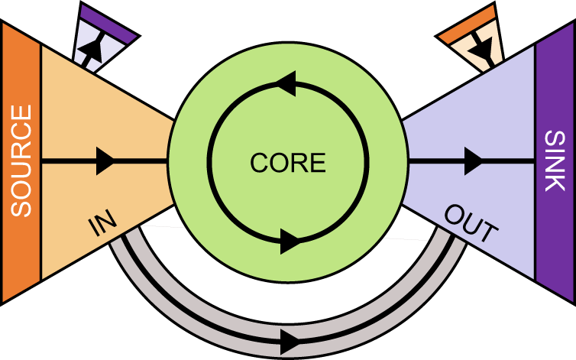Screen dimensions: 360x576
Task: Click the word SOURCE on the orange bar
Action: pyautogui.click(x=22, y=161)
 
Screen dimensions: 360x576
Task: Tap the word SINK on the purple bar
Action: pyautogui.click(x=555, y=161)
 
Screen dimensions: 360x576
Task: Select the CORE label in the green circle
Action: pyautogui.click(x=288, y=162)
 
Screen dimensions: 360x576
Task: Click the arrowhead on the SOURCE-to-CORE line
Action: pyautogui.click(x=105, y=161)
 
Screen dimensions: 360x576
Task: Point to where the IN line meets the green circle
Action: pyautogui.click(x=167, y=161)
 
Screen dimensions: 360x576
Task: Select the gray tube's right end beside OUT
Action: pyautogui.click(x=455, y=245)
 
